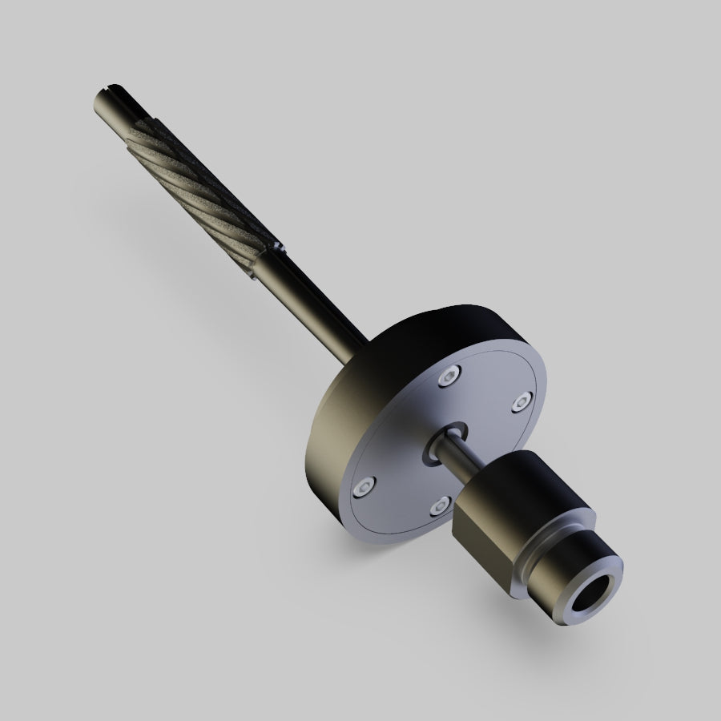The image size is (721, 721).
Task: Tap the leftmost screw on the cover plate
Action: (367, 485)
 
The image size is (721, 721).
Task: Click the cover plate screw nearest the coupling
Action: (439, 506)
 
